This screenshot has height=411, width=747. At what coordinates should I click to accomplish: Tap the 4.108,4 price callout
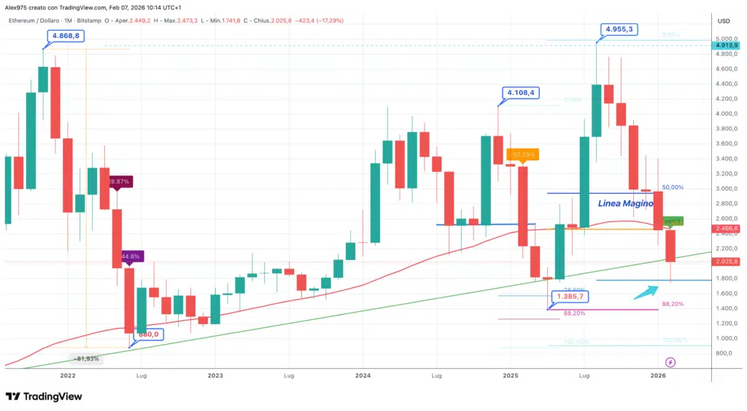pos(521,93)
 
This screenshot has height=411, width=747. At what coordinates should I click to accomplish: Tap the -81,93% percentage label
pos(88,359)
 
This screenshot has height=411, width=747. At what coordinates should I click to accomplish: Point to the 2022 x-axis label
pos(68,376)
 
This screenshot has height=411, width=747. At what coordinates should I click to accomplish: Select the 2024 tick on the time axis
pos(363,376)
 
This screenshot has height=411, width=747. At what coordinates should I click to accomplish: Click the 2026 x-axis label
pos(658,376)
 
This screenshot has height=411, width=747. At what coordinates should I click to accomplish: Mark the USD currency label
pos(724,21)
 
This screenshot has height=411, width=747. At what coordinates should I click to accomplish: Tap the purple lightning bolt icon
pos(670,361)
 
